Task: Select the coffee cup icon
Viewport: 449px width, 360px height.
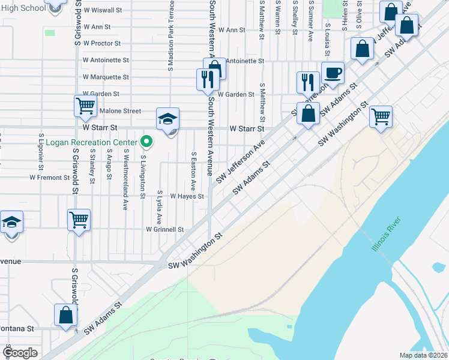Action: [333, 74]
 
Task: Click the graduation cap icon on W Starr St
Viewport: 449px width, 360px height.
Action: [168, 119]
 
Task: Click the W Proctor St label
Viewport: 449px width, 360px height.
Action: [102, 43]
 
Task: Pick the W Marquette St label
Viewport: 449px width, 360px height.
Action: [106, 77]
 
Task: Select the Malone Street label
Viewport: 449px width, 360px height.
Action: [120, 111]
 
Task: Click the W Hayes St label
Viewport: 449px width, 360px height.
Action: [187, 196]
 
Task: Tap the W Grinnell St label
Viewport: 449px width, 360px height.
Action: [164, 229]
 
